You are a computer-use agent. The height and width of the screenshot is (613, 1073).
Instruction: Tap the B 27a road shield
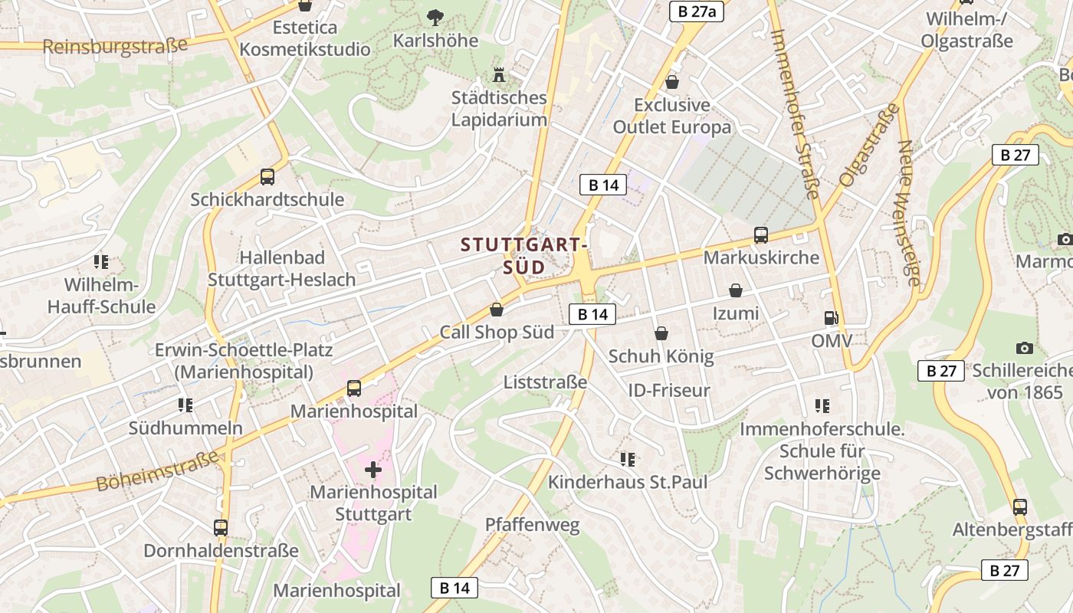(697, 11)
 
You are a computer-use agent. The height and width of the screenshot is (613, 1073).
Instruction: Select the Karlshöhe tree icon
(435, 16)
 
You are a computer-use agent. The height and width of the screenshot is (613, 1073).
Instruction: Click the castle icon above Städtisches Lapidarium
(499, 75)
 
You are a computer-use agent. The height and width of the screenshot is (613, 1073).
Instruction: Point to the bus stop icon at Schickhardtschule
(267, 177)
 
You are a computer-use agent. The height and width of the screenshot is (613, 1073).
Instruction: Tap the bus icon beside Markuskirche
(760, 235)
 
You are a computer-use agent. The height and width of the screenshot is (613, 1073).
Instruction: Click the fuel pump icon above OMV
(831, 317)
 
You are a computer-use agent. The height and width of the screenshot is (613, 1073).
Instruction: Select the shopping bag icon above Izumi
(736, 290)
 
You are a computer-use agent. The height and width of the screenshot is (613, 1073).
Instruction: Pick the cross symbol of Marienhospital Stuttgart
(373, 469)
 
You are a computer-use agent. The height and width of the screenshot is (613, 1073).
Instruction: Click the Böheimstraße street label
(158, 471)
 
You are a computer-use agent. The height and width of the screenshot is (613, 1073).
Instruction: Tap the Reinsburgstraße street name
(115, 46)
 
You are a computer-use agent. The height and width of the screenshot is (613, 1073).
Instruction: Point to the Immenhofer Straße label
(796, 113)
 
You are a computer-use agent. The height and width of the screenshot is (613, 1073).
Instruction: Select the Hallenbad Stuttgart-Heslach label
(282, 268)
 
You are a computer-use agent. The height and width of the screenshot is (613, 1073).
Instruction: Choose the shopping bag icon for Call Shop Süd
(497, 310)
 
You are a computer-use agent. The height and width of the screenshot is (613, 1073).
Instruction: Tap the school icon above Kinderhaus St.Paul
(628, 459)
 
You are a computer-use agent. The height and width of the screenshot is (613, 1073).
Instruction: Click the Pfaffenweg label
(533, 525)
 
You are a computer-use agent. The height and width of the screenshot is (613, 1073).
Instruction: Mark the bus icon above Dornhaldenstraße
(221, 527)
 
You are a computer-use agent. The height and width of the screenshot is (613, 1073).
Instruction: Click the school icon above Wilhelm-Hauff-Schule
(100, 263)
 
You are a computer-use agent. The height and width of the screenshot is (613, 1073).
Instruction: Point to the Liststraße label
(546, 382)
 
